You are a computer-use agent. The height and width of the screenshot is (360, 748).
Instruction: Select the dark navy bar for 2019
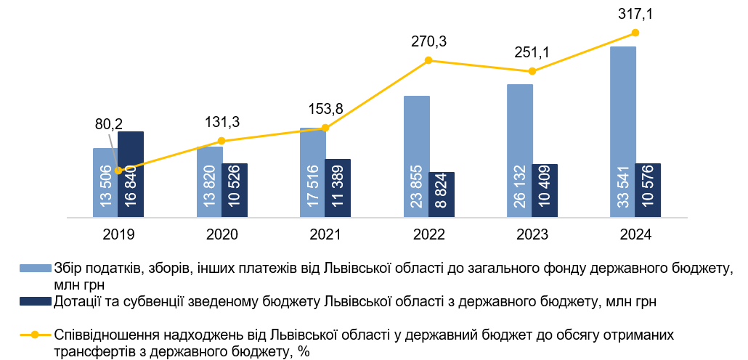(x=131, y=174)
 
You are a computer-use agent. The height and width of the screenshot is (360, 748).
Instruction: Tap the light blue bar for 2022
(x=416, y=157)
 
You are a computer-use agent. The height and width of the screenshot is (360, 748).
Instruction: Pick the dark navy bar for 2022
(x=442, y=195)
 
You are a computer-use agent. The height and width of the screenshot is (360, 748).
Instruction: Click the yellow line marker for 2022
(x=428, y=60)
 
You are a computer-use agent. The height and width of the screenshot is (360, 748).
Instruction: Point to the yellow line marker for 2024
(x=635, y=33)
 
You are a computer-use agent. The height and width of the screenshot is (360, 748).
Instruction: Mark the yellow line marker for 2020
(x=221, y=141)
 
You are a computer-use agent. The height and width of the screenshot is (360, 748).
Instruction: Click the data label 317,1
(x=635, y=14)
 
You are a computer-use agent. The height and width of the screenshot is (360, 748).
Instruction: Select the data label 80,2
(x=109, y=125)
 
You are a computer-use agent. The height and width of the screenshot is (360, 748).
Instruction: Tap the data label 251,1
(x=532, y=52)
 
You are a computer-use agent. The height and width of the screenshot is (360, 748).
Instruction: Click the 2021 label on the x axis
(x=325, y=234)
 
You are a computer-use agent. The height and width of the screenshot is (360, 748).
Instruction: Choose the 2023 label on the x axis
(x=532, y=234)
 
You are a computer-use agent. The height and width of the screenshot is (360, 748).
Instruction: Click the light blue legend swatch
(x=36, y=268)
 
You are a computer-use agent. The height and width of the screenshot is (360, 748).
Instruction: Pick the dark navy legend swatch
(x=36, y=301)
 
